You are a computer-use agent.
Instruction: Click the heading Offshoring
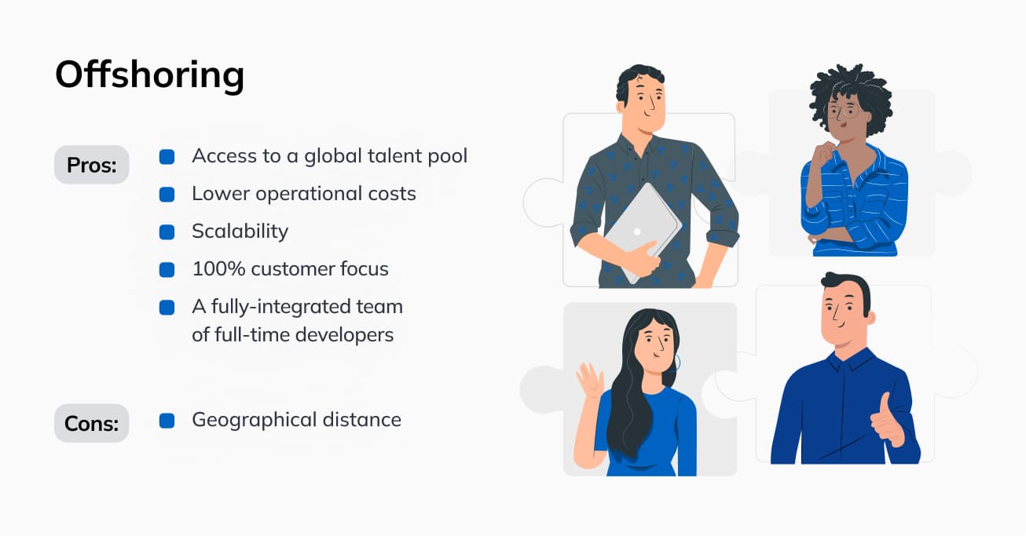pyautogui.click(x=149, y=75)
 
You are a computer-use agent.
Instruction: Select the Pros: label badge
pyautogui.click(x=91, y=165)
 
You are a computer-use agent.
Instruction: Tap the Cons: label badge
pyautogui.click(x=91, y=424)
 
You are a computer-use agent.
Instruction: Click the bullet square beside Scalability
pyautogui.click(x=167, y=232)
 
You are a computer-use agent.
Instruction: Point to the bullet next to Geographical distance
pyautogui.click(x=167, y=421)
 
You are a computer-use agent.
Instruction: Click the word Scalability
pyautogui.click(x=240, y=232)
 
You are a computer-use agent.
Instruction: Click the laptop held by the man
pyautogui.click(x=639, y=228)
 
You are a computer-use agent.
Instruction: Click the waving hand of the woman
pyautogui.click(x=588, y=383)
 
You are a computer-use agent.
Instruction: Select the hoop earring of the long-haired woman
pyautogui.click(x=676, y=362)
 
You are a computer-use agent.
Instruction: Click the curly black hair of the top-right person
pyautogui.click(x=852, y=86)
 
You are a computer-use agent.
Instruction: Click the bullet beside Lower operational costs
pyautogui.click(x=167, y=194)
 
